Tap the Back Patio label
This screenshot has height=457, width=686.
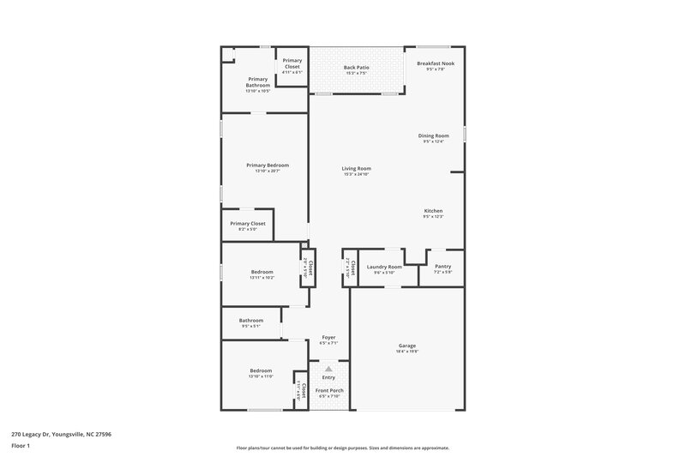coord(356,67)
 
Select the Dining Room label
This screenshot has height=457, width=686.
coord(433,135)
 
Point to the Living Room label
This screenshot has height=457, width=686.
coord(356,168)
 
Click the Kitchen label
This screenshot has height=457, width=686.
coord(433,211)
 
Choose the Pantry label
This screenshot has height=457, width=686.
coord(442,266)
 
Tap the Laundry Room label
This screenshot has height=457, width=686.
coord(384,267)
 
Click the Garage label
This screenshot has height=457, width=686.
coord(406,346)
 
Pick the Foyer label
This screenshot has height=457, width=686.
coord(328,337)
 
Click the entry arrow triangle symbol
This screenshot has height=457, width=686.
coord(328,369)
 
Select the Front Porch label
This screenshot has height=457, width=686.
coord(330,391)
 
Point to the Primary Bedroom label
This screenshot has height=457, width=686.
coord(268,165)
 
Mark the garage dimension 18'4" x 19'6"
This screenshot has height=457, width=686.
coord(406,352)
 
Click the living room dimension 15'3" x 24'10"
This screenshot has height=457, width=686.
coord(356,174)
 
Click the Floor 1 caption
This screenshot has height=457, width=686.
coord(21,446)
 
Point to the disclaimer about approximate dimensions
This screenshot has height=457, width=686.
coord(342,448)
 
